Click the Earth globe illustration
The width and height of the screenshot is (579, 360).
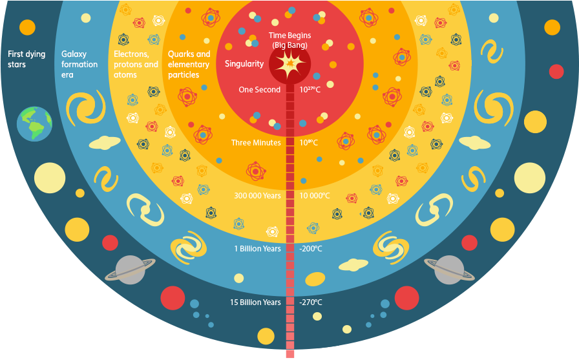[x=35, y=123]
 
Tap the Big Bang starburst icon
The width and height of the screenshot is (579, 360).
[x=288, y=65]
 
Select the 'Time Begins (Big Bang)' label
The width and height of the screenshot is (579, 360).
[x=288, y=41]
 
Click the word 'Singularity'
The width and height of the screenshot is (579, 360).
[x=244, y=64]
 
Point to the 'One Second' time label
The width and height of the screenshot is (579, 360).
[x=260, y=90]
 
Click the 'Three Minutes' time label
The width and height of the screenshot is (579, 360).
[x=256, y=143]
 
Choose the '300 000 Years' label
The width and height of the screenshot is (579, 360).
[x=257, y=196]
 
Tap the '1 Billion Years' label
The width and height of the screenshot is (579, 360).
[x=257, y=249]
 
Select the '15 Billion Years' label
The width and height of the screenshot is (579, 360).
[x=255, y=302]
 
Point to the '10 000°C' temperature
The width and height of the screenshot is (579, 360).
[x=315, y=196]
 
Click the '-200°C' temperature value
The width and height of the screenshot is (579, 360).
[x=311, y=249]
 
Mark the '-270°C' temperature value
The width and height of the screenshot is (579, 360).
[x=311, y=302]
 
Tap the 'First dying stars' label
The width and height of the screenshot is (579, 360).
[x=26, y=59]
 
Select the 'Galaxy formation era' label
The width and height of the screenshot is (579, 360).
[x=79, y=65]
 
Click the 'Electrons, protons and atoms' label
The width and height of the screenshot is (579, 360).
[x=136, y=65]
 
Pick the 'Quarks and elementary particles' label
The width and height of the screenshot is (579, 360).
[x=189, y=65]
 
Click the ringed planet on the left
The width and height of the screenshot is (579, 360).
[x=129, y=268]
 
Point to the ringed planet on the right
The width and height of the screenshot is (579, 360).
[x=448, y=268]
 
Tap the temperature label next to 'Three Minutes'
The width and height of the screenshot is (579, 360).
[x=310, y=143]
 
